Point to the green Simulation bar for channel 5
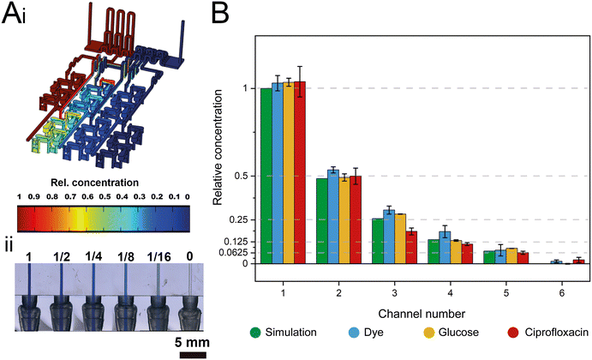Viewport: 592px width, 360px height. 488,257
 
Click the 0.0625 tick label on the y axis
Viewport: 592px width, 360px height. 231,253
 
